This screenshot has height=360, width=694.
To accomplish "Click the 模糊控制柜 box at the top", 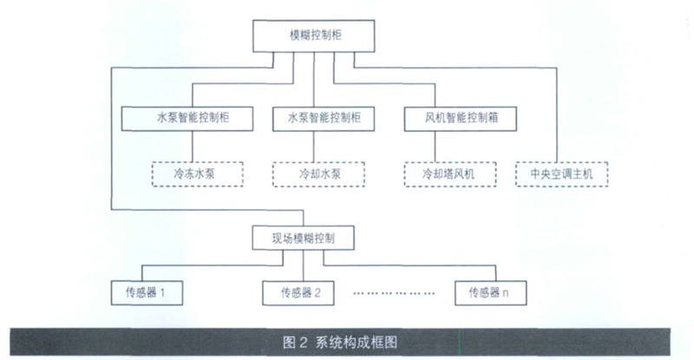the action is (314, 36).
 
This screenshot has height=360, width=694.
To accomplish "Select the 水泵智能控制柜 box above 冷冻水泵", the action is (187, 119).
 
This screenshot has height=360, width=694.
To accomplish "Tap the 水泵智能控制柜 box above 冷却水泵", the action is (324, 119).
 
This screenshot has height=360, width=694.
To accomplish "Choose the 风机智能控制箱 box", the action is (461, 119).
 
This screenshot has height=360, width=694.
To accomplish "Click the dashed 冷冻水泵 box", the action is (198, 174).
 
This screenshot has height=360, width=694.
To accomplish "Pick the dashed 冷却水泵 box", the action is (318, 174).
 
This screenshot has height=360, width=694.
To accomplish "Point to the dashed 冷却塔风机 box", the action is (450, 174).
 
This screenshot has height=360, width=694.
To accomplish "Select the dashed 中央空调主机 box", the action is (561, 174).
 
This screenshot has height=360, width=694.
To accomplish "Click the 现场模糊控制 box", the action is (303, 239).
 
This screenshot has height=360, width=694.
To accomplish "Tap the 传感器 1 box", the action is (147, 292).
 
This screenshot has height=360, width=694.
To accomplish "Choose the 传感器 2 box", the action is (298, 292).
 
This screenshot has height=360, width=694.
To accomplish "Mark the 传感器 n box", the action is (491, 292).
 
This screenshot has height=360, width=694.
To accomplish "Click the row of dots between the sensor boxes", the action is (394, 293).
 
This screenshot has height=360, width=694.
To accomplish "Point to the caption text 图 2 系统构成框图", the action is (340, 343).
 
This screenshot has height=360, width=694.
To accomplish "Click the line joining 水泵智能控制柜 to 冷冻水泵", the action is (192, 146).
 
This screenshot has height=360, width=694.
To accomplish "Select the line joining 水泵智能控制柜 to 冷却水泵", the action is (314, 147).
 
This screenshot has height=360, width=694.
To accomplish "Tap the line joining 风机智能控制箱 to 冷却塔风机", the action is (435, 147).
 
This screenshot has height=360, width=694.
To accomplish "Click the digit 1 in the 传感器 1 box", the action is (162, 292).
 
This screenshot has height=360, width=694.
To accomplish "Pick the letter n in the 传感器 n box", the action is (506, 293).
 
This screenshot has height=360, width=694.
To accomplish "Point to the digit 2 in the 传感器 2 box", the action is (318, 292).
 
